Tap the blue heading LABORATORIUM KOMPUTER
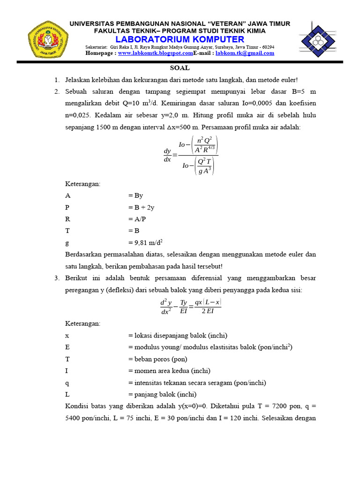pos(180,39)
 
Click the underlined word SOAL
pos(180,68)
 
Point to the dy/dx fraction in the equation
pos(167,155)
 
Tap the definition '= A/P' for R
pos(137,219)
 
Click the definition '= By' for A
pos(135,195)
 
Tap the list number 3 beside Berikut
pos(57,278)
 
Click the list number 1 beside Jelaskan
pos(57,80)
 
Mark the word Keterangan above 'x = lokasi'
pos(82,324)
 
